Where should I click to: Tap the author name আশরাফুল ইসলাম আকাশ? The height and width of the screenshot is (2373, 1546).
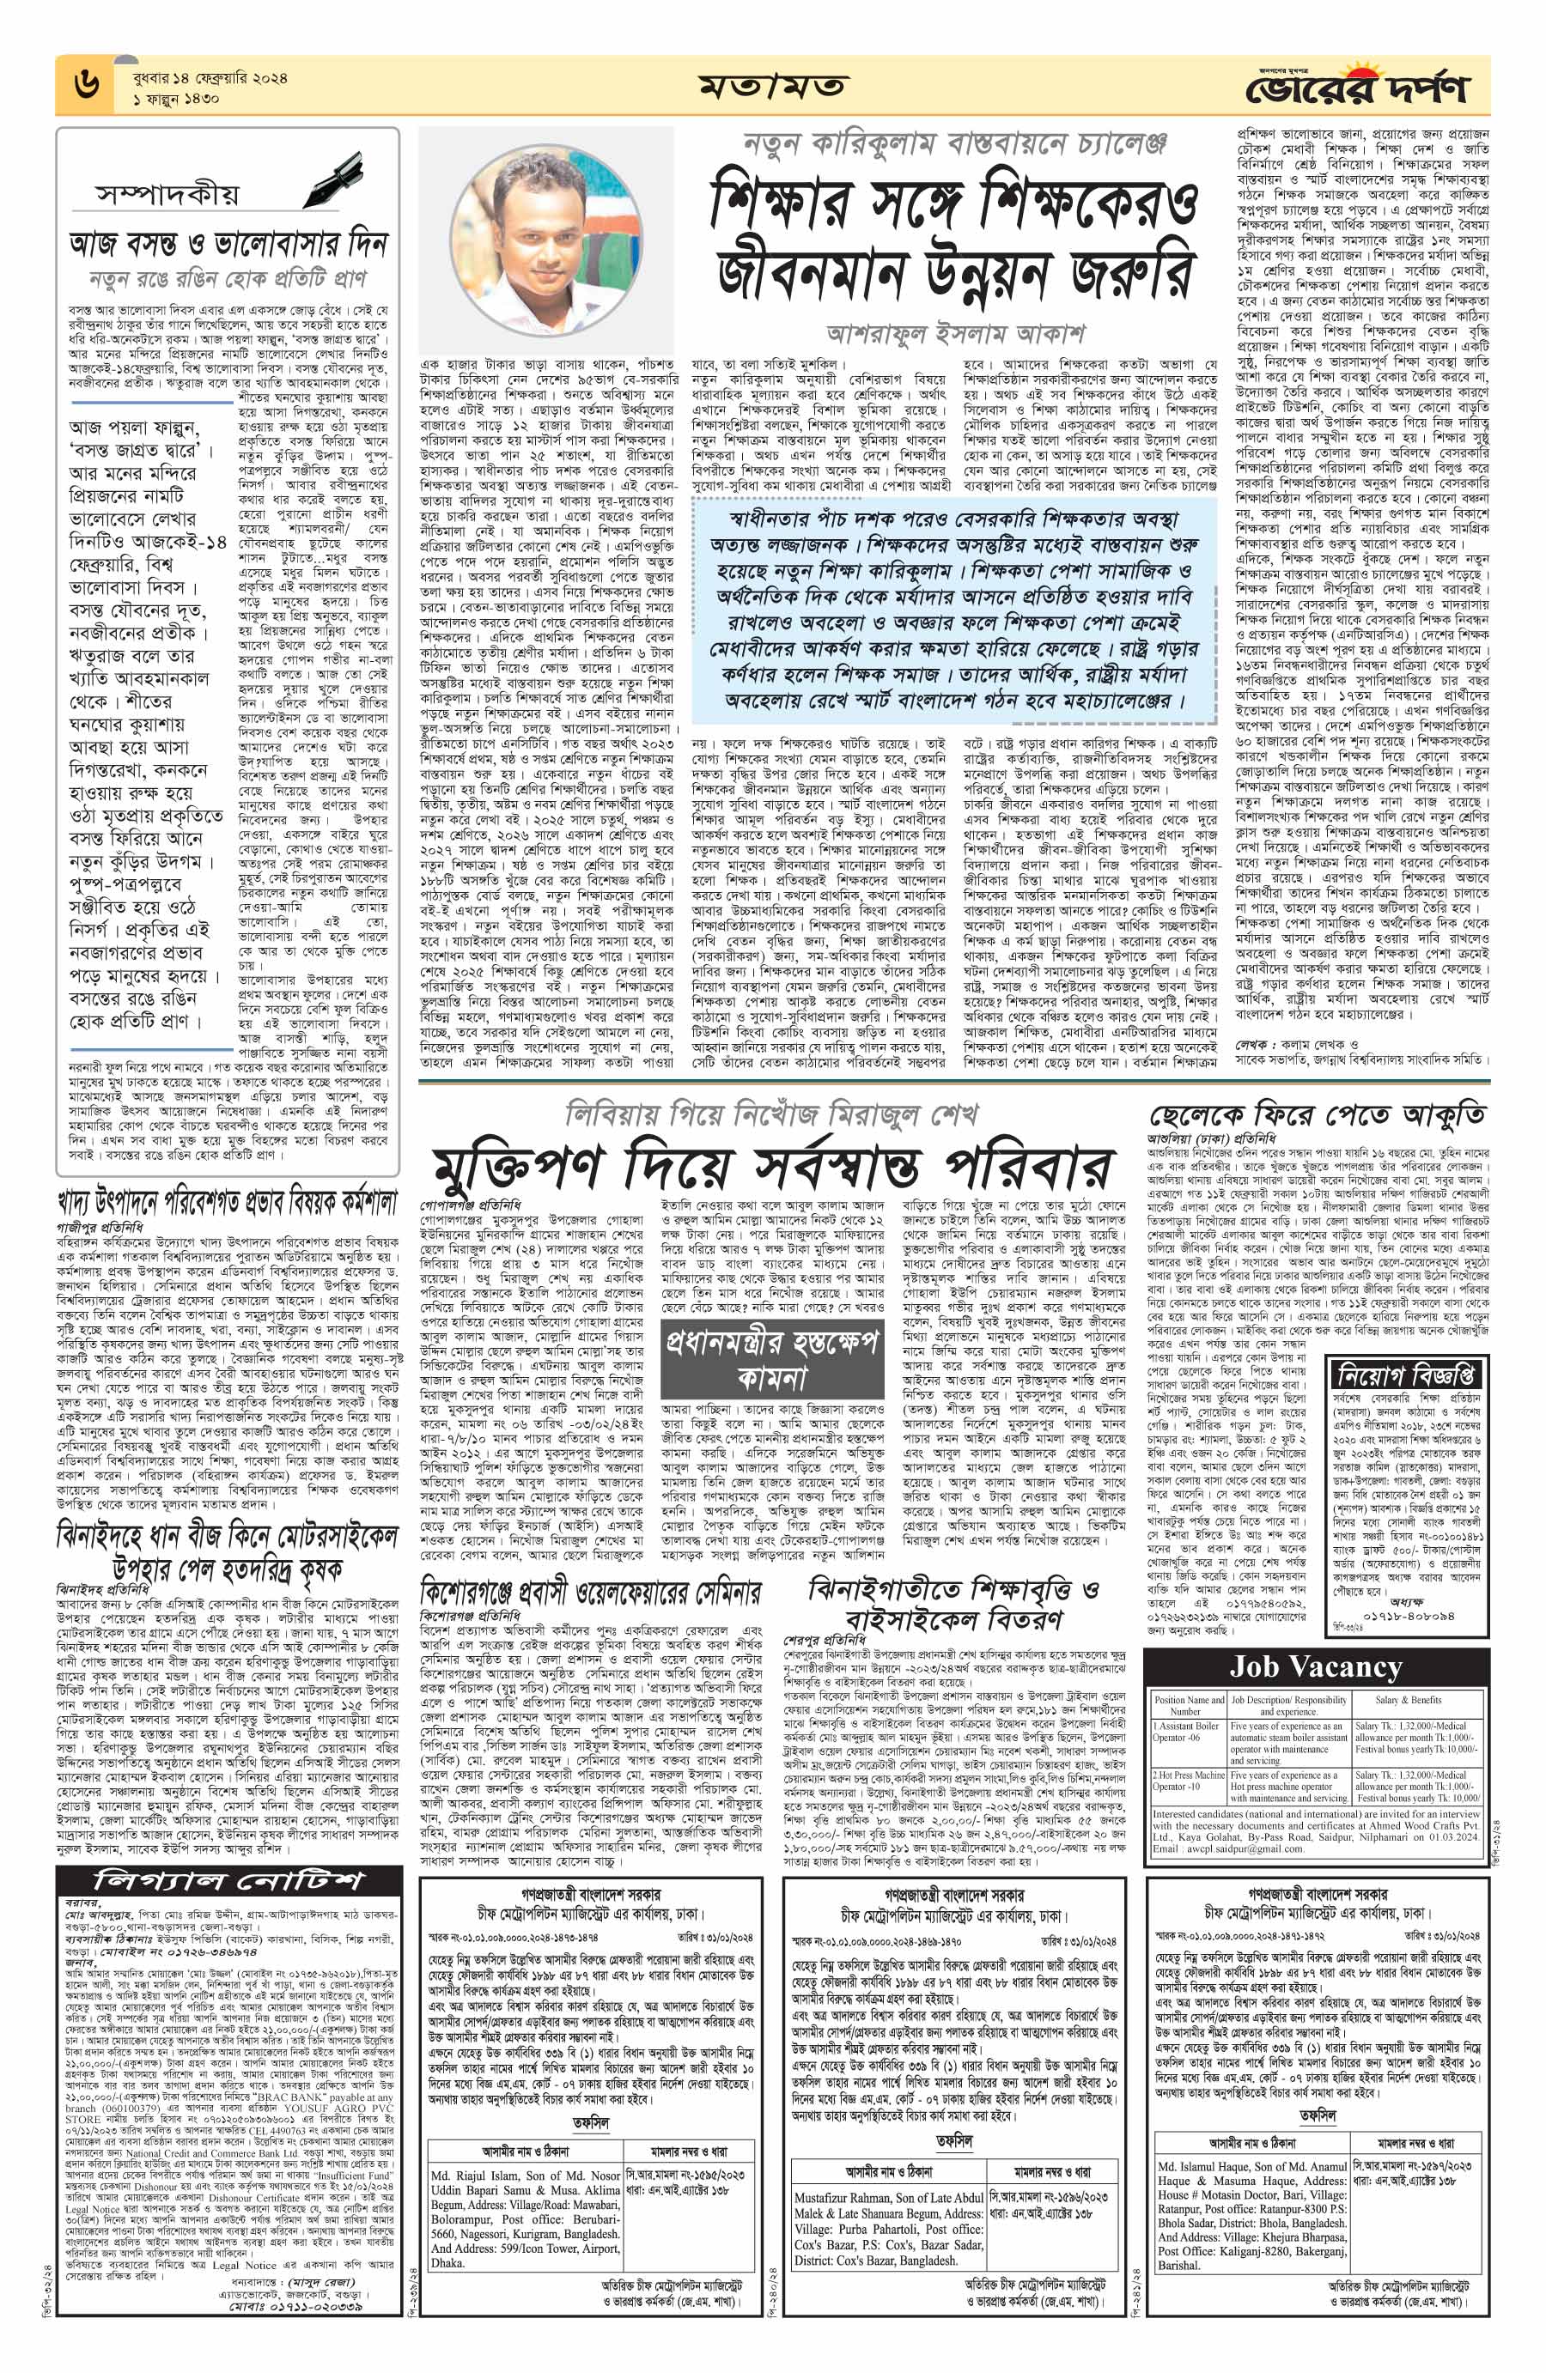pyautogui.click(x=956, y=332)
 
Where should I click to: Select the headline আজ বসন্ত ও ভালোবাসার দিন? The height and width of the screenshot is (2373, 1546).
pyautogui.click(x=228, y=243)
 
